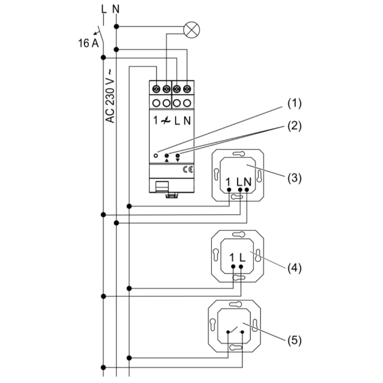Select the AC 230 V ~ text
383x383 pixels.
[x=110, y=96]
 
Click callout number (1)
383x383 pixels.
[x=295, y=104]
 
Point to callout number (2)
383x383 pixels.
[x=295, y=126]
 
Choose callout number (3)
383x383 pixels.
[x=295, y=178]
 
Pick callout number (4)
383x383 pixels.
[x=295, y=267]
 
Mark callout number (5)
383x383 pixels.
[x=295, y=340]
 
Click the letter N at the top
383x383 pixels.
[x=116, y=9]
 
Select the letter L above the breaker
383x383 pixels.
[x=103, y=9]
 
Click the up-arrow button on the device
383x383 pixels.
[x=167, y=156]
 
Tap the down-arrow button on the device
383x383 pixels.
[x=178, y=156]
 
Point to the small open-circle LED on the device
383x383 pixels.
[x=155, y=155]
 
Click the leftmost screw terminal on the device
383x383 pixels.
[x=156, y=89]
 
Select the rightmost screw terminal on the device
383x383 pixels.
[x=187, y=89]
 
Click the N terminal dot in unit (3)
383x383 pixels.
[x=247, y=189]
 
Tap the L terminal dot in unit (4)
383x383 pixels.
[x=241, y=265]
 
